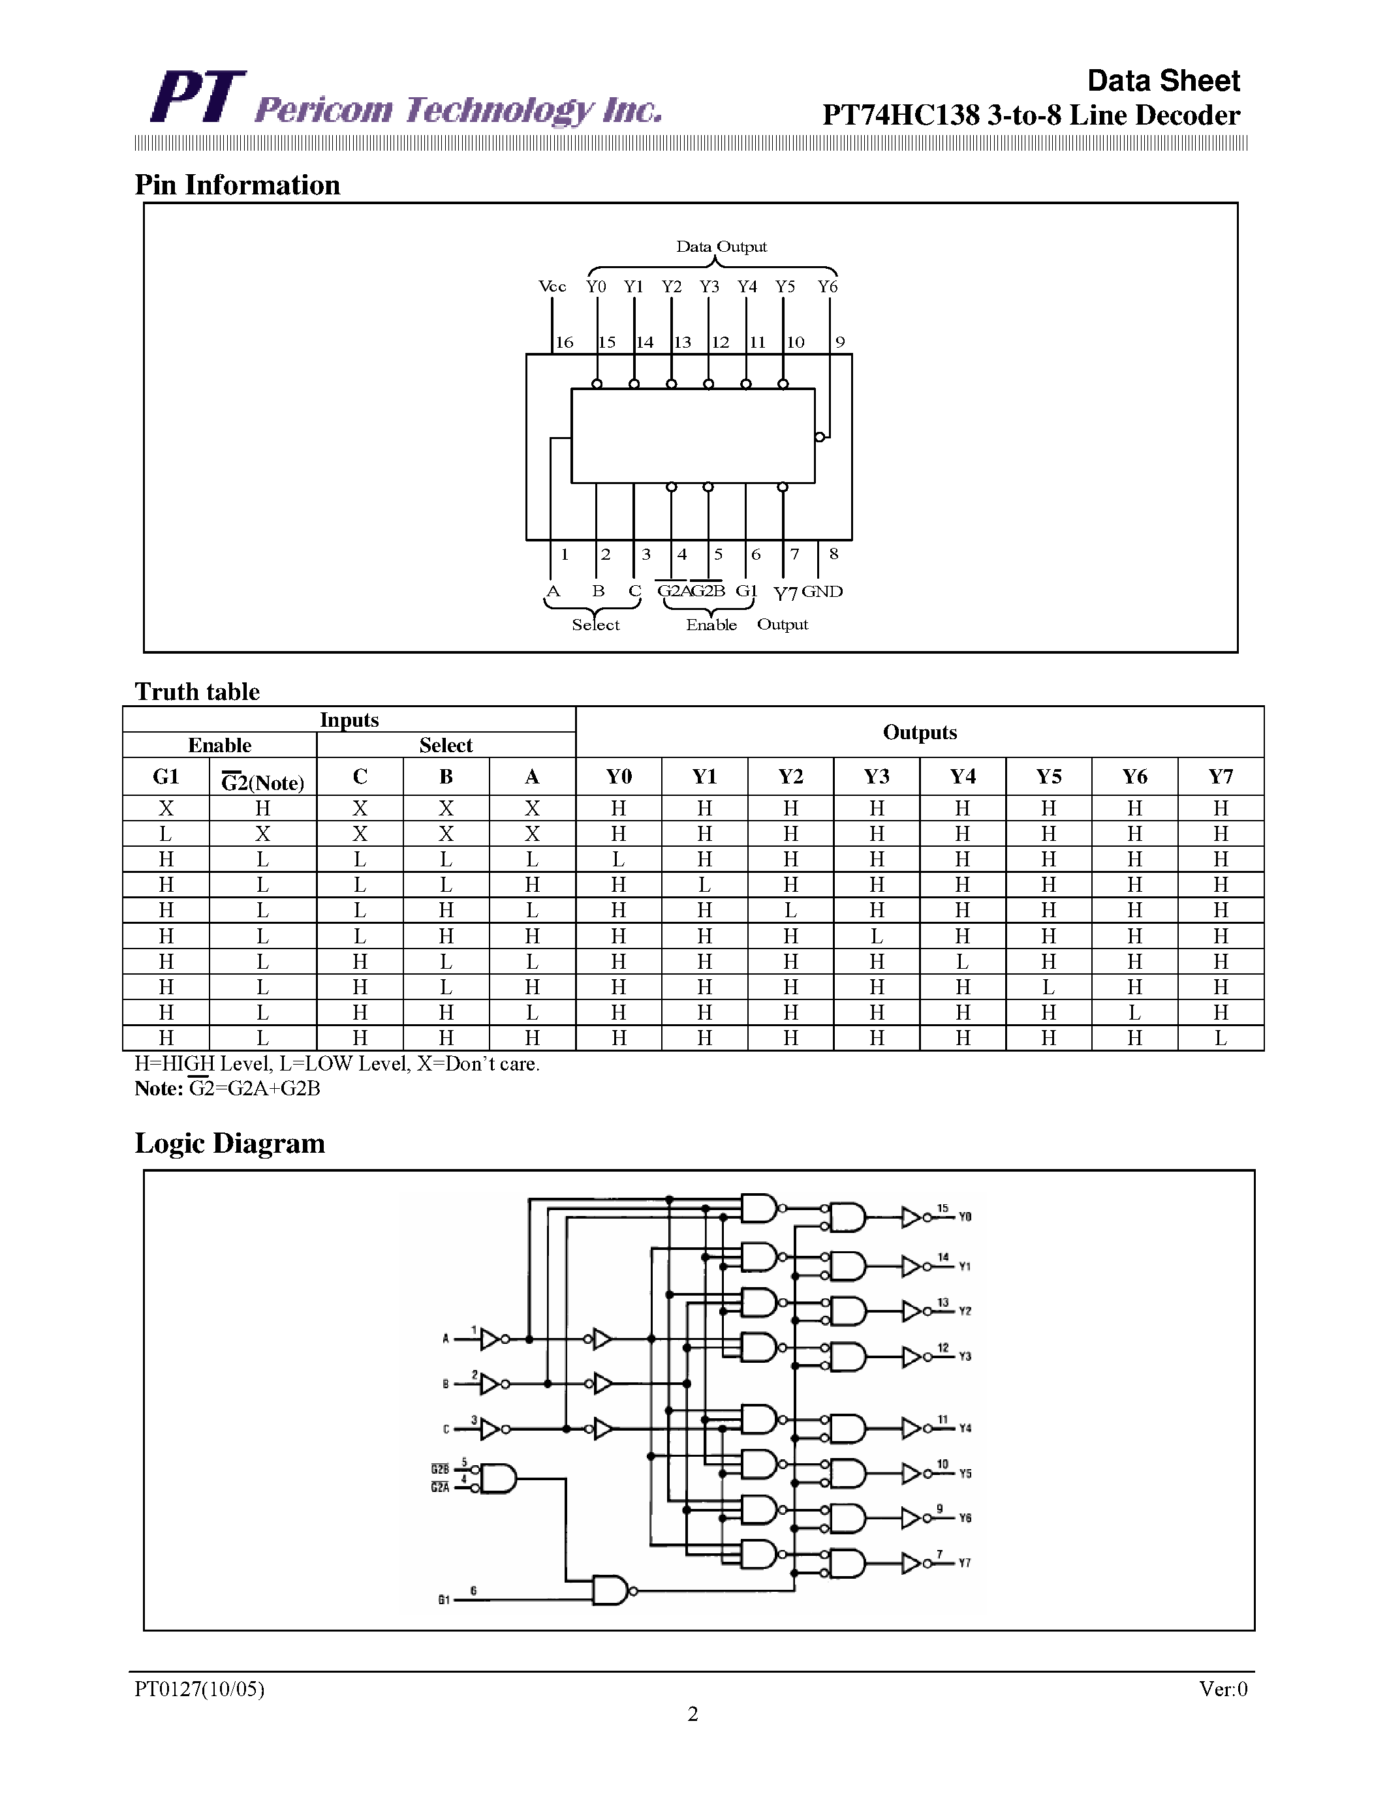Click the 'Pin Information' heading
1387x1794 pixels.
pos(238,185)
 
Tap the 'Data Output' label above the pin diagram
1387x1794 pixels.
pos(721,247)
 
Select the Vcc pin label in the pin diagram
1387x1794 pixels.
pos(552,286)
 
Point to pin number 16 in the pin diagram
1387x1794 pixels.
pos(565,342)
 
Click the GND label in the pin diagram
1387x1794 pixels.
pos(822,592)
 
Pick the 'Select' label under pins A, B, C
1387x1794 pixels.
pos(596,625)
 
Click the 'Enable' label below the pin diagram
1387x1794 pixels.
pos(711,625)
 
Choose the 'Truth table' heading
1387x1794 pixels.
pos(197,692)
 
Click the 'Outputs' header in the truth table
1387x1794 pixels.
pos(920,732)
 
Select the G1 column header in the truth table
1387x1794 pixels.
pos(166,776)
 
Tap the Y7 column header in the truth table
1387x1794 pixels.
pos(1220,776)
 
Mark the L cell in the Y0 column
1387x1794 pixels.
pos(619,859)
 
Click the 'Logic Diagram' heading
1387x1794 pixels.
pos(230,1144)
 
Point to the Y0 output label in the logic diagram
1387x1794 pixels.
pos(965,1217)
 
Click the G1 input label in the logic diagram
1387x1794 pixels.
pos(444,1600)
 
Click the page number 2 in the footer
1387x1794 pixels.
pos(693,1714)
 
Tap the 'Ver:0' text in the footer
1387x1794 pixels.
pos(1223,1689)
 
